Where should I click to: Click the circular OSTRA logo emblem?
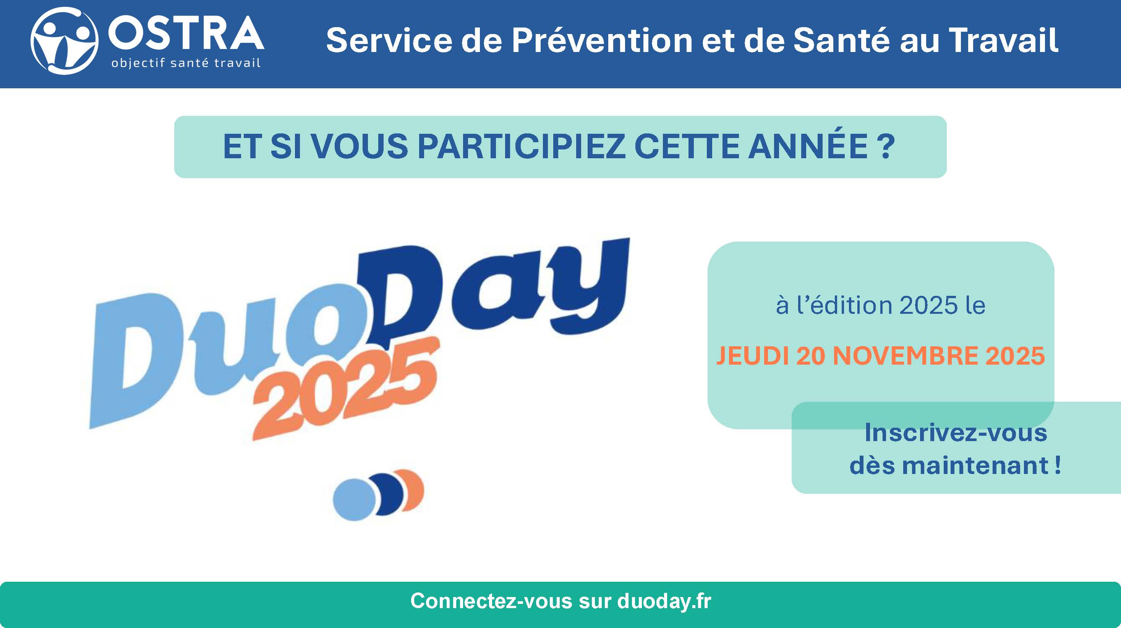coord(65,41)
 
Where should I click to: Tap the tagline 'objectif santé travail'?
coord(186,63)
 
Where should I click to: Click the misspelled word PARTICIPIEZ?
coord(521,146)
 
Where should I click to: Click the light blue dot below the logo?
coord(354,500)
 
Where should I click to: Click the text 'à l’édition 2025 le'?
coord(880,305)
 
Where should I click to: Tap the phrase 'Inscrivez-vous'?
coord(956,433)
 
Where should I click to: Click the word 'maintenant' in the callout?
coord(975,466)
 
